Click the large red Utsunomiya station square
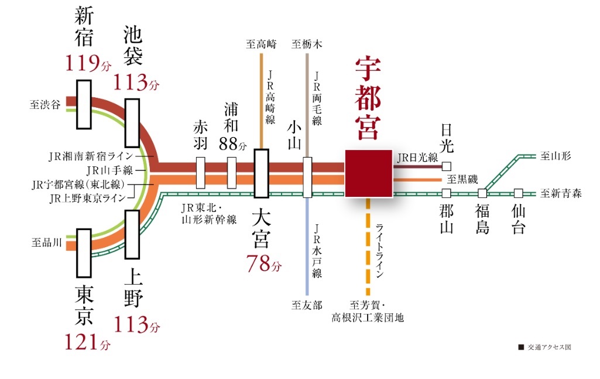[368, 173]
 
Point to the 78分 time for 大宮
[263, 264]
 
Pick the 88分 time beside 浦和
[233, 143]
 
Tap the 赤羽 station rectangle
[201, 173]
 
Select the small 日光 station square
[447, 166]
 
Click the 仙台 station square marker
[518, 193]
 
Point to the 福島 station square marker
[482, 193]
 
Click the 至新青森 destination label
[561, 193]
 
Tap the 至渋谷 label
[44, 105]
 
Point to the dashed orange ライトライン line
[368, 246]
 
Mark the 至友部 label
[307, 305]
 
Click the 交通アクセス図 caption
[548, 347]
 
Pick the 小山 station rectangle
[307, 173]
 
